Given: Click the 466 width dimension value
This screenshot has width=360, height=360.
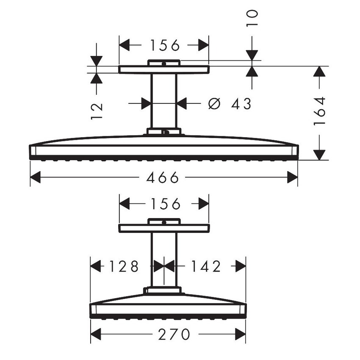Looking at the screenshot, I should pyautogui.click(x=163, y=177).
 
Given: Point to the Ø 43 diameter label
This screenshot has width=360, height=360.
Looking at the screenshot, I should pyautogui.click(x=230, y=103).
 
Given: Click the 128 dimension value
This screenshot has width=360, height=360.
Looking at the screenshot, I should pyautogui.click(x=124, y=266).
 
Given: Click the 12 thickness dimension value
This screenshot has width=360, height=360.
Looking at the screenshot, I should pyautogui.click(x=97, y=111).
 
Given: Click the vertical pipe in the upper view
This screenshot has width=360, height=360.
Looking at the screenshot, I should pyautogui.click(x=163, y=102).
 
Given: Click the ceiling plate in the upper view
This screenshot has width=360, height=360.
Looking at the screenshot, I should pyautogui.click(x=163, y=69).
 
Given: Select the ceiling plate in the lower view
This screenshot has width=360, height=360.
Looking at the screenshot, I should pyautogui.click(x=163, y=228).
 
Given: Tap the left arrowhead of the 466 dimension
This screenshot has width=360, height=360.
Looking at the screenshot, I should pyautogui.click(x=36, y=177).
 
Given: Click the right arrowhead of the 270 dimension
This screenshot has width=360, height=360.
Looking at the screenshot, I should pyautogui.click(x=241, y=335).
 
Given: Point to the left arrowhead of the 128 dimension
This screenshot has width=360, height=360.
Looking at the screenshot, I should pyautogui.click(x=96, y=266).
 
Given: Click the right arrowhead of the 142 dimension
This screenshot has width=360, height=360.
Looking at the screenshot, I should pyautogui.click(x=241, y=266).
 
